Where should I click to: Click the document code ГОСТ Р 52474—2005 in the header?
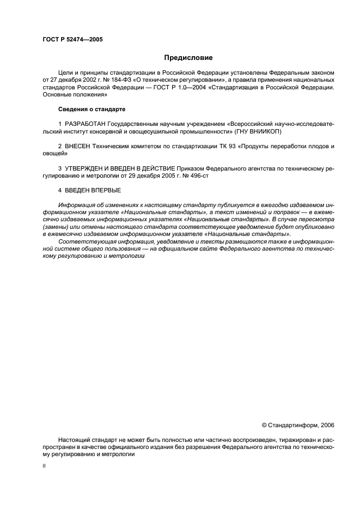pos(72,40)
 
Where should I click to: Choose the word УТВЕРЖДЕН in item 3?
pos(84,169)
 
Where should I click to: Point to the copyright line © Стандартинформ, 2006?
pos(298,425)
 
